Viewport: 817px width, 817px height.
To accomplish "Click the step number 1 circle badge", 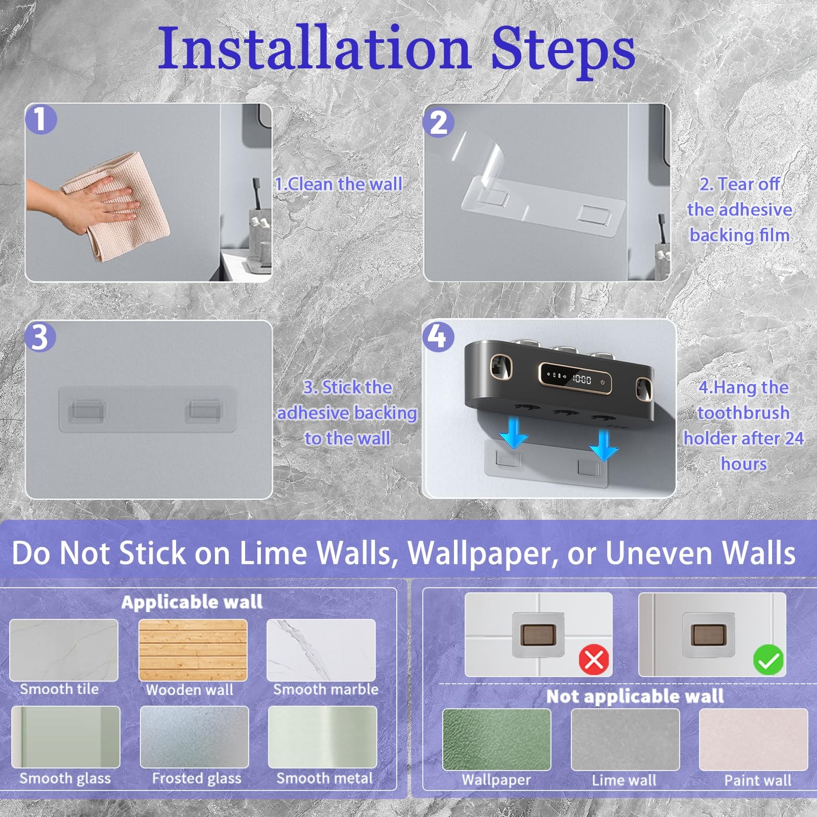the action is tap(41, 119).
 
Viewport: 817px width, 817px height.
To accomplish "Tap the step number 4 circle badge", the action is tap(438, 336).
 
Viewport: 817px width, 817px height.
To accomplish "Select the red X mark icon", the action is tap(594, 660).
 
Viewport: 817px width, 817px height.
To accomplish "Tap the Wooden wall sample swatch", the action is tap(193, 650).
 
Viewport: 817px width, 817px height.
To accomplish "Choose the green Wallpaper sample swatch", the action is tap(496, 739).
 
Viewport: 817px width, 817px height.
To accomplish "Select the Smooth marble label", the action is tap(326, 689).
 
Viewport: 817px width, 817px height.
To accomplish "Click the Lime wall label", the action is tap(624, 780).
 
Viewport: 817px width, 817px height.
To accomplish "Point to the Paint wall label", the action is tap(758, 780).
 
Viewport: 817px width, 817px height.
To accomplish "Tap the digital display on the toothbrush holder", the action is tap(575, 379).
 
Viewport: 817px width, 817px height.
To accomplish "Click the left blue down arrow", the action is tap(514, 432).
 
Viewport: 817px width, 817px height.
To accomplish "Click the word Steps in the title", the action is tap(563, 49).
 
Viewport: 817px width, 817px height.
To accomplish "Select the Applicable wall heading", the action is tap(192, 603).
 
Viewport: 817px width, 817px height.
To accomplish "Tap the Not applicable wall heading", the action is tap(635, 696).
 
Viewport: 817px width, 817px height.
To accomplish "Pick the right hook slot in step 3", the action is tap(204, 410).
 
